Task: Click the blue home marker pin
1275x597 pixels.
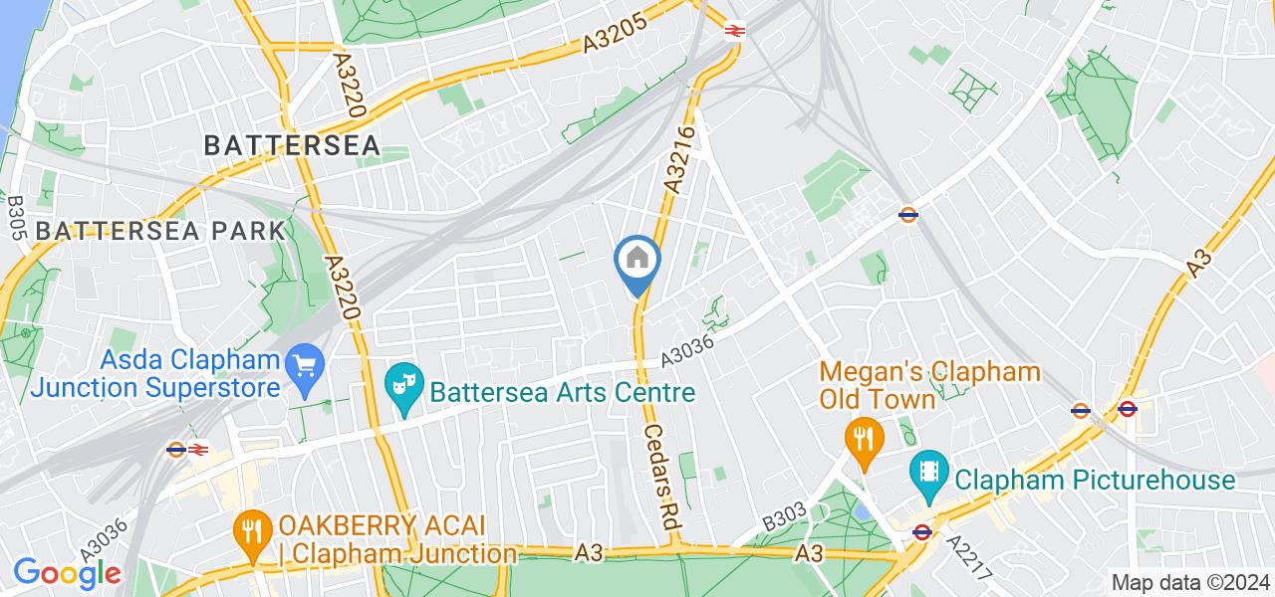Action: coord(637,262)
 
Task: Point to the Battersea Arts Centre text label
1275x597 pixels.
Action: coord(563,392)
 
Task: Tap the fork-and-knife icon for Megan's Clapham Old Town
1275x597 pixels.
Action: coord(860,439)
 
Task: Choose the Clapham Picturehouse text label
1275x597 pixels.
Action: coord(1095,481)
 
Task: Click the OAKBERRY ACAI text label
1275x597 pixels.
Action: coord(396,538)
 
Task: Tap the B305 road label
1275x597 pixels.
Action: coord(16,216)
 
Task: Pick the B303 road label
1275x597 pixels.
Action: coord(784,516)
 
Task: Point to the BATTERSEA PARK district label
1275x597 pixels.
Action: coord(159,231)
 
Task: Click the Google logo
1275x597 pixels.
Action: coord(67,573)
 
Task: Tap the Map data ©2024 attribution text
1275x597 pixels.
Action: coord(1189,583)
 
